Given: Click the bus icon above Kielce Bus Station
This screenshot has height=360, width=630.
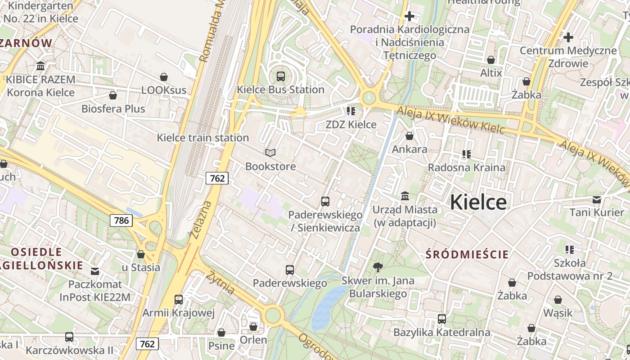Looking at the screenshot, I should click(x=281, y=76).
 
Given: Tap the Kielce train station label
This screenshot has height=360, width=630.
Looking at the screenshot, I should click(x=202, y=138).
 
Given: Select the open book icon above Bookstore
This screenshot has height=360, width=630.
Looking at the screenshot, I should click(x=270, y=153).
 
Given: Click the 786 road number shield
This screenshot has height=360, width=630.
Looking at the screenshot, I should click(x=121, y=220).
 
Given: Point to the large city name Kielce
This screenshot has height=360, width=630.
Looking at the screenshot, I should click(x=478, y=202).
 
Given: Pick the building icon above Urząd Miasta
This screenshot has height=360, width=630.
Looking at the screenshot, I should click(x=405, y=196).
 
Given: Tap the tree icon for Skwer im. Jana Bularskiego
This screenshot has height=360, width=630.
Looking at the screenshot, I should click(x=378, y=267).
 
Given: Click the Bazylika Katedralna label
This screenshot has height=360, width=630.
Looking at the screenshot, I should click(x=441, y=333).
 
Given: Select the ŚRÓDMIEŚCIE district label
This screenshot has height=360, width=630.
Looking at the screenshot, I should click(x=467, y=255).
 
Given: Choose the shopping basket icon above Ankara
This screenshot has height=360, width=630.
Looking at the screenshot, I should click(x=409, y=136).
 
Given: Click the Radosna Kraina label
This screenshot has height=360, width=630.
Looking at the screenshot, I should click(x=467, y=167).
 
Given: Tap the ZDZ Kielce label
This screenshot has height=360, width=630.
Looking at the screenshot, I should click(x=351, y=125).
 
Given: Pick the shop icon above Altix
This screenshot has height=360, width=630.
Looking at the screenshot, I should click(x=491, y=60).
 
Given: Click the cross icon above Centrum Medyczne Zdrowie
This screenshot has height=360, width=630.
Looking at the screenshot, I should click(x=568, y=37).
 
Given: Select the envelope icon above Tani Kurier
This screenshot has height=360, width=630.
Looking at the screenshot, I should click(x=597, y=199).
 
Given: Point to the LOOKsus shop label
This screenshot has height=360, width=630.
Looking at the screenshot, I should click(x=164, y=90).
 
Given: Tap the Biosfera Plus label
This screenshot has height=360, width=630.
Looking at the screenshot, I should click(x=113, y=109).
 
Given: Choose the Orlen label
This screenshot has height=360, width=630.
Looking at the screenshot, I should click(x=253, y=340).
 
